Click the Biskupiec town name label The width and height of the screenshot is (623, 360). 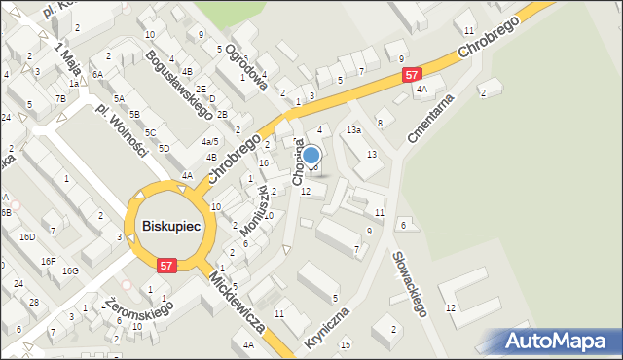[x=171, y=226]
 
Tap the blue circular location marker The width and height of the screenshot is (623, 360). [x=311, y=155]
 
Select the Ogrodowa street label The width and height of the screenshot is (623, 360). [x=245, y=67]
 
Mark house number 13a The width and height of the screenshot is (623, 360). [x=353, y=129]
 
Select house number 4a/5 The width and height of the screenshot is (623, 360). [x=209, y=141]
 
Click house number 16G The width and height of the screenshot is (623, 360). [x=70, y=270]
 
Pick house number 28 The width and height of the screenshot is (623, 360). [x=33, y=303]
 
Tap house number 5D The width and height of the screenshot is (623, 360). [x=165, y=148]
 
